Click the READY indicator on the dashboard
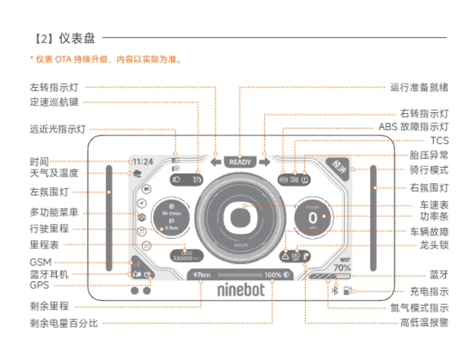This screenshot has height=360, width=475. (x=240, y=162)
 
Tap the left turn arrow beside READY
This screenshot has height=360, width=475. (x=216, y=162)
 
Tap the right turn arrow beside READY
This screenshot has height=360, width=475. (x=264, y=162)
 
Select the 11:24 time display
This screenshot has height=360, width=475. (x=142, y=161)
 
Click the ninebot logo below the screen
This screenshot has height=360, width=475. (x=241, y=289)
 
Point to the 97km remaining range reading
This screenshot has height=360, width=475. (x=201, y=275)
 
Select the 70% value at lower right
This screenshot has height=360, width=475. (x=342, y=268)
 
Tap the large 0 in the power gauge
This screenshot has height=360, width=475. (x=313, y=218)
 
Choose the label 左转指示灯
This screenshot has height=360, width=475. (x=54, y=88)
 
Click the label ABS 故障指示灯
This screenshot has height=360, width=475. (x=413, y=127)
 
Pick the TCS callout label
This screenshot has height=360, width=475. (x=439, y=141)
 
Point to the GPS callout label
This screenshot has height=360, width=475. (x=39, y=285)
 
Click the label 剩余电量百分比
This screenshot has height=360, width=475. (x=63, y=323)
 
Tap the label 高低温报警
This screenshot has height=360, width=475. (x=424, y=323)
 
